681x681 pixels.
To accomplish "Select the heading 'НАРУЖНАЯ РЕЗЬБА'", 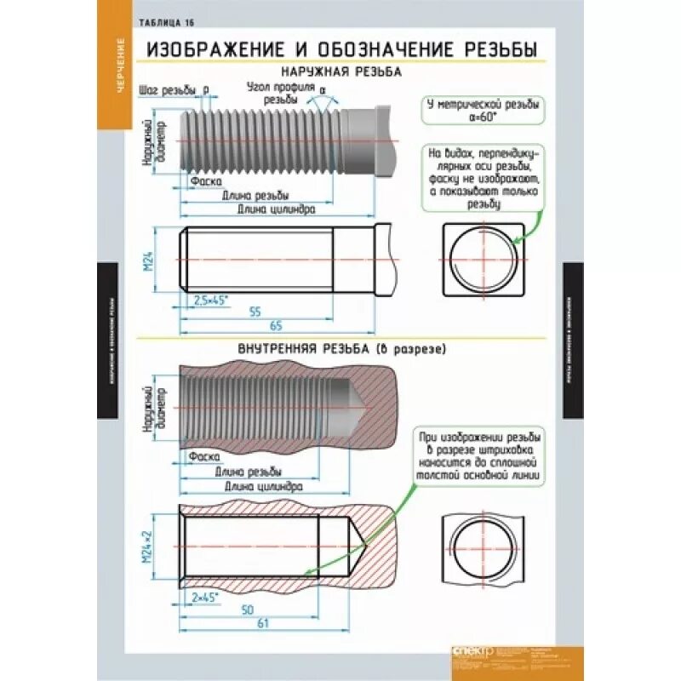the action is coord(340,73).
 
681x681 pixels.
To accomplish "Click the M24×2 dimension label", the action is coord(146,546).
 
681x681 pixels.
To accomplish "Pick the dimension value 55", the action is coord(254,312).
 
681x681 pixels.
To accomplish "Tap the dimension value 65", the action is coord(275,326).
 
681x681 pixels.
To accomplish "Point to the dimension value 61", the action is coord(263,624).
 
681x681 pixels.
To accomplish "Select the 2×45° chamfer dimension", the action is coord(205,596).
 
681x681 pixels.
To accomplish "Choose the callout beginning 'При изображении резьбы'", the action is coord(478,456).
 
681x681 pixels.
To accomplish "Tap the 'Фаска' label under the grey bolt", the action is coord(206,181).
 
